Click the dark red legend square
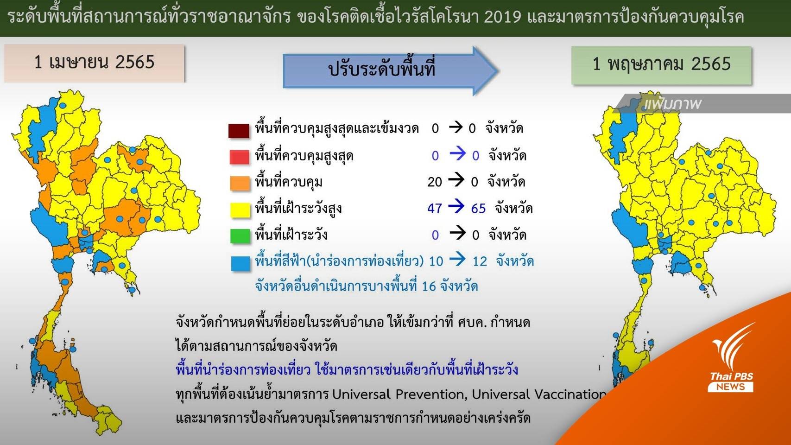pyautogui.click(x=239, y=130)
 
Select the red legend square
pyautogui.click(x=240, y=157)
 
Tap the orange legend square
pyautogui.click(x=240, y=183)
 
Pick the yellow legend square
pyautogui.click(x=240, y=210)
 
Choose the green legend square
pyautogui.click(x=240, y=236)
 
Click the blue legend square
pyautogui.click(x=240, y=263)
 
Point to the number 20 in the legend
pyautogui.click(x=434, y=182)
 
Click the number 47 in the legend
pyautogui.click(x=434, y=209)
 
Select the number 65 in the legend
pyautogui.click(x=478, y=209)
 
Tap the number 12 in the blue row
pyautogui.click(x=480, y=261)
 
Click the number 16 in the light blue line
pyautogui.click(x=429, y=286)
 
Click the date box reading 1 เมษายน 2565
pyautogui.click(x=94, y=63)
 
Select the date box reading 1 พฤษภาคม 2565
pyautogui.click(x=661, y=65)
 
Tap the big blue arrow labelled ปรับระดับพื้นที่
pyautogui.click(x=391, y=70)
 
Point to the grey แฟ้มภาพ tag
pyautogui.click(x=702, y=103)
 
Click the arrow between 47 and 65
pyautogui.click(x=456, y=206)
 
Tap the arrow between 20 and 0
pyautogui.click(x=456, y=180)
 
